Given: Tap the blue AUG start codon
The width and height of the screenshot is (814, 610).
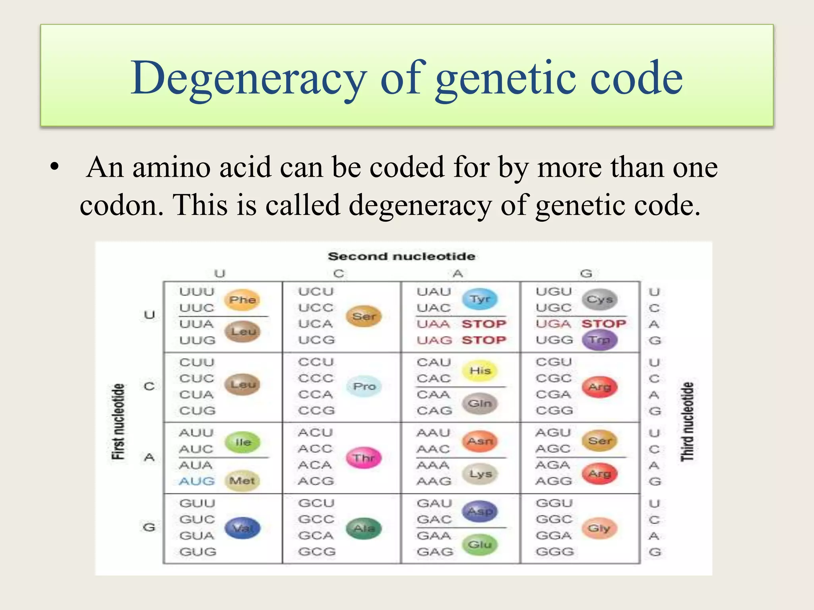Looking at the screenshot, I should (196, 481).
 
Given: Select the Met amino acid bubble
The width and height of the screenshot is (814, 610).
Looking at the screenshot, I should (242, 481).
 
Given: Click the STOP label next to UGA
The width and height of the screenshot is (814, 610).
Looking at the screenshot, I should (603, 324).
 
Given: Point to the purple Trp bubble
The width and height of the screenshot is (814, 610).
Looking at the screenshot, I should (599, 340).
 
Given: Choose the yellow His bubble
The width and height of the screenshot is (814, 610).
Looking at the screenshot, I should (480, 371).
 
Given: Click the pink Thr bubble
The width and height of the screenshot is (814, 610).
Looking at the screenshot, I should (363, 457).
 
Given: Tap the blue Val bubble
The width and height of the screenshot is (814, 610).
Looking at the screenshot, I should (242, 528).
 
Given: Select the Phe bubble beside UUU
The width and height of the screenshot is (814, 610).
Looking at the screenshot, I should (242, 299).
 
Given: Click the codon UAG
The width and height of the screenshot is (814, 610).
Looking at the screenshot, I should (434, 340).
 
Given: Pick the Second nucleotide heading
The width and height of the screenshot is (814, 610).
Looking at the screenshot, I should (401, 256).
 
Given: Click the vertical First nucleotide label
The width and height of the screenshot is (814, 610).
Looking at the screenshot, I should (118, 422).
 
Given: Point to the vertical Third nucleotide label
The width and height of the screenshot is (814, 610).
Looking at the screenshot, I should (687, 422).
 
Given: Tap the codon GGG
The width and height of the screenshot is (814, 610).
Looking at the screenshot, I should (554, 552).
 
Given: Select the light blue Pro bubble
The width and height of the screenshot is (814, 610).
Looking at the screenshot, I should (364, 386).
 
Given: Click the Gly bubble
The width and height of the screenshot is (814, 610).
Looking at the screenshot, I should (599, 528).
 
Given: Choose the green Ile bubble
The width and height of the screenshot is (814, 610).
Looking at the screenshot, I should (242, 442).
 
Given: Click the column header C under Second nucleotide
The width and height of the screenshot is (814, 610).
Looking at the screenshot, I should (339, 274).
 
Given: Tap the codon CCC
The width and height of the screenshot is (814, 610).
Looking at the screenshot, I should (316, 378).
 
